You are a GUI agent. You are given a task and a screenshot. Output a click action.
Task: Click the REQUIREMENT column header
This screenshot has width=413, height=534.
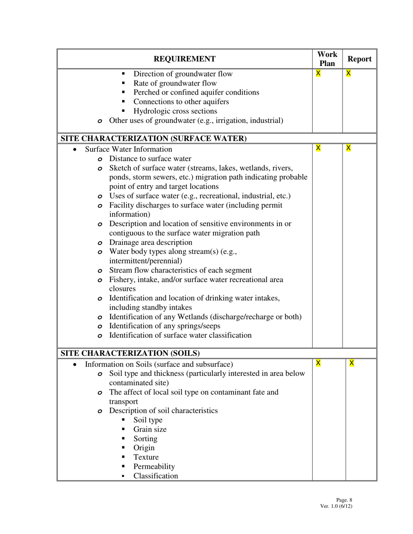(x=184, y=59)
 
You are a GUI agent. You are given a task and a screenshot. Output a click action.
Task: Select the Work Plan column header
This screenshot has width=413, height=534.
(x=327, y=59)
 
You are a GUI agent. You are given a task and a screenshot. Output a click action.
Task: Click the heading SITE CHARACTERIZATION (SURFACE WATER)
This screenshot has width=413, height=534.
(x=153, y=138)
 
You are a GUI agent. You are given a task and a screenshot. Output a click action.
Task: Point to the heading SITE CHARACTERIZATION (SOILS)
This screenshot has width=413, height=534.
(x=130, y=353)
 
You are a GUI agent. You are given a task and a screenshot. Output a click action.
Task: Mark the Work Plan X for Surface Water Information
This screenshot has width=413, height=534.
(x=318, y=148)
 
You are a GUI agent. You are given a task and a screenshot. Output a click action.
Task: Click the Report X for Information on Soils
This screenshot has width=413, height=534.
(x=352, y=363)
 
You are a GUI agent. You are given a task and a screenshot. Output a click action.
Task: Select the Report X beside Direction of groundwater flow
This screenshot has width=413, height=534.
(x=348, y=73)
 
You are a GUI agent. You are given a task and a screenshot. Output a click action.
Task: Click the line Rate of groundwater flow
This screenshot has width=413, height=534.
(x=175, y=83)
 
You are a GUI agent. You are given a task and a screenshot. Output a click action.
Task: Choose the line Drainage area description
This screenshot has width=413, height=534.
(x=150, y=242)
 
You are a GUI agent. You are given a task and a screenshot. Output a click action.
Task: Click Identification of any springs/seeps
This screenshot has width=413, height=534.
(x=164, y=326)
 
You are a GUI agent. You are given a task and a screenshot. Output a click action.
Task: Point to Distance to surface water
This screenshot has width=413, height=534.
(x=150, y=159)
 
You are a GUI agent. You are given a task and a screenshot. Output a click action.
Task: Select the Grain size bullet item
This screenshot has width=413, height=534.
(x=150, y=429)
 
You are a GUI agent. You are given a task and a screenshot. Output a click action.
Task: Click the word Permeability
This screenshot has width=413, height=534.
(x=154, y=467)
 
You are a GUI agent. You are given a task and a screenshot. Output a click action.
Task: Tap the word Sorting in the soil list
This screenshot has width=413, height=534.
(x=145, y=439)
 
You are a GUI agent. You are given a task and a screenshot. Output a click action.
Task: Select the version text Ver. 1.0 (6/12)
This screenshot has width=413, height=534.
(x=336, y=506)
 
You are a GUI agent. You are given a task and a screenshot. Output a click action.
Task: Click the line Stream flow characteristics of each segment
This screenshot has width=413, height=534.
(x=180, y=270)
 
